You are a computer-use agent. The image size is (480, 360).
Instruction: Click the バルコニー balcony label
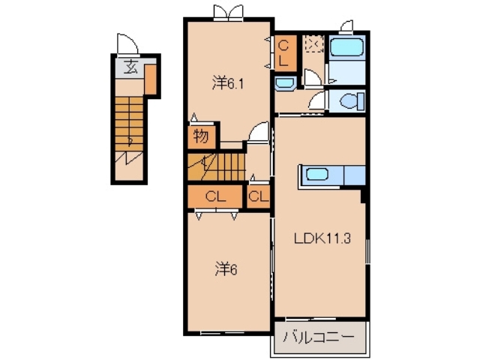[x=318, y=337]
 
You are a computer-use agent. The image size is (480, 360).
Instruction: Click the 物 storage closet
[x=200, y=136]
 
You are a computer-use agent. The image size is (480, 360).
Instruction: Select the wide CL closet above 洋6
[x=216, y=197]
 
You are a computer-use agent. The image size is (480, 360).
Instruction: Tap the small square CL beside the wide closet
[x=257, y=197]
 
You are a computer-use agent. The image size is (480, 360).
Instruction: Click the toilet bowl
[x=350, y=100]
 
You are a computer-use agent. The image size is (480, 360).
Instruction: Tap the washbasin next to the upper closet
[x=285, y=82]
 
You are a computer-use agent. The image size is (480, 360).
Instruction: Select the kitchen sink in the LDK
[x=315, y=175]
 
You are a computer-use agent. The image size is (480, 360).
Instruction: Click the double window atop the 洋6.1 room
[x=228, y=12]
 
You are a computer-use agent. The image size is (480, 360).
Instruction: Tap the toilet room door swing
[x=321, y=100]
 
